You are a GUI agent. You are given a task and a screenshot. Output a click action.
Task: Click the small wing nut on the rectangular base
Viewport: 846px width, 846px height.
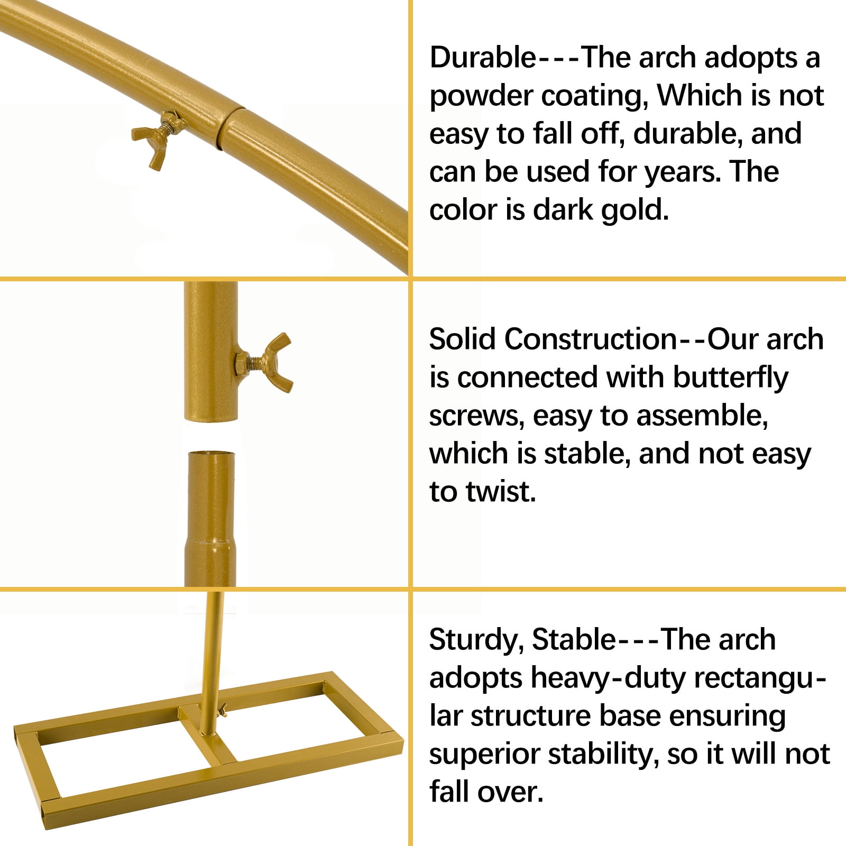point(223,710)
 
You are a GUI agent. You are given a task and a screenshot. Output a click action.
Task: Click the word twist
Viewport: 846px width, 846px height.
point(501,492)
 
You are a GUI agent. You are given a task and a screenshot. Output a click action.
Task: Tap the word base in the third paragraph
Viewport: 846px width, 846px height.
point(630,717)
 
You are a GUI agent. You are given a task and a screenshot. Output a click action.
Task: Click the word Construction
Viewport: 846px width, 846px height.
point(591,339)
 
